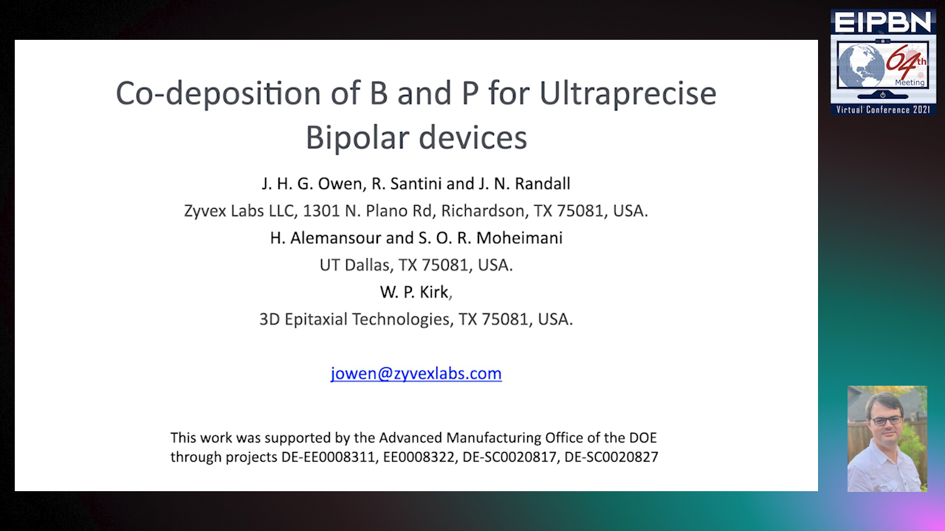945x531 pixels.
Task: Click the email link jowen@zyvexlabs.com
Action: (x=416, y=373)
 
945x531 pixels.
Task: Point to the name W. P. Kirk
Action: (x=413, y=292)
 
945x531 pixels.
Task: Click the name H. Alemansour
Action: (x=321, y=237)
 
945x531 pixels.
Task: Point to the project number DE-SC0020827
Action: (x=611, y=457)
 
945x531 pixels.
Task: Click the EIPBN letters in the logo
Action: (x=882, y=22)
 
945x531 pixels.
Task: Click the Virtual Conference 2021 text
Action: (x=883, y=109)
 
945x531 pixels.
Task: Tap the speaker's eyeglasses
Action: (x=885, y=420)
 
